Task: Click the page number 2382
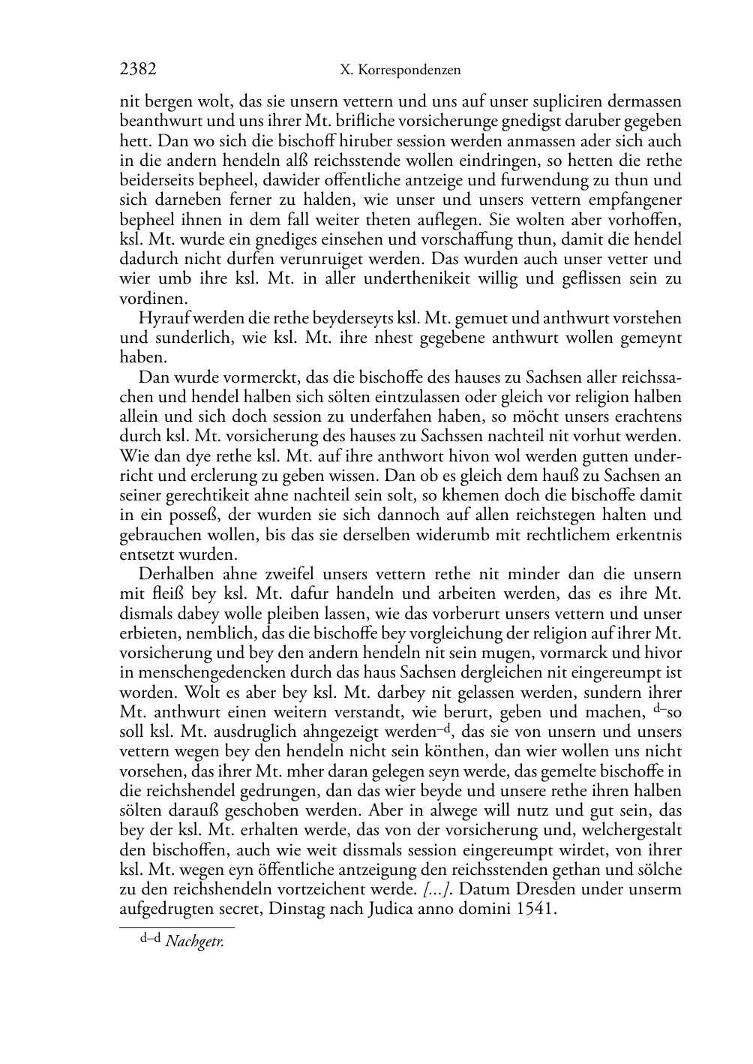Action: [138, 70]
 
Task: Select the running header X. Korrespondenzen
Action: [400, 71]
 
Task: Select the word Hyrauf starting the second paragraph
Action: [160, 318]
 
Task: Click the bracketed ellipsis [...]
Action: [436, 890]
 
